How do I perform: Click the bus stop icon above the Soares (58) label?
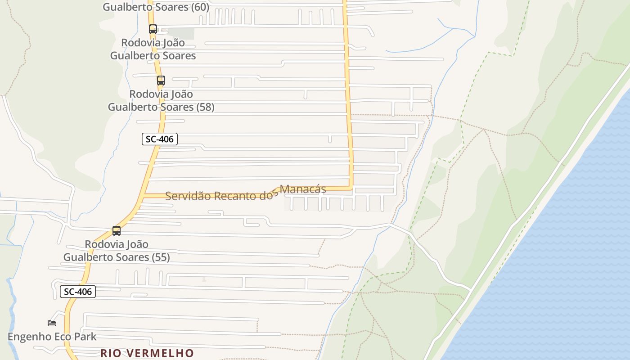pyautogui.click(x=161, y=81)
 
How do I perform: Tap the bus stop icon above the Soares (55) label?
pyautogui.click(x=117, y=231)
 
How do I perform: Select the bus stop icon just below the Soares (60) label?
pyautogui.click(x=153, y=29)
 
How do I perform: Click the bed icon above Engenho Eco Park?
pyautogui.click(x=52, y=323)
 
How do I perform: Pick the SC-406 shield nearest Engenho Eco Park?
pyautogui.click(x=78, y=292)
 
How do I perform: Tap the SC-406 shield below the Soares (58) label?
pyautogui.click(x=160, y=139)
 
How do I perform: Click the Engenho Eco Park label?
pyautogui.click(x=52, y=337)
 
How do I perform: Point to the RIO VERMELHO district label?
pyautogui.click(x=147, y=353)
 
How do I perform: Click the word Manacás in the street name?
pyautogui.click(x=303, y=189)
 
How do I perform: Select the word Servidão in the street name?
pyautogui.click(x=187, y=196)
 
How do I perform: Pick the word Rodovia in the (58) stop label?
pyautogui.click(x=148, y=94)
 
